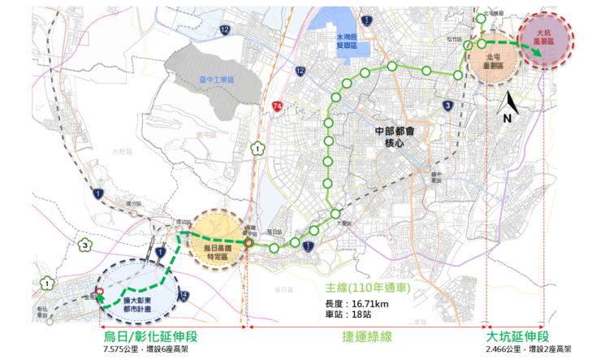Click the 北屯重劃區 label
tap(493, 62)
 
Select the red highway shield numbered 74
tap(279, 106)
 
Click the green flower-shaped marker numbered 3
tap(84, 245)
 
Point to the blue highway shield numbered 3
tap(447, 106)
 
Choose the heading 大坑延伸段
tap(518, 336)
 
